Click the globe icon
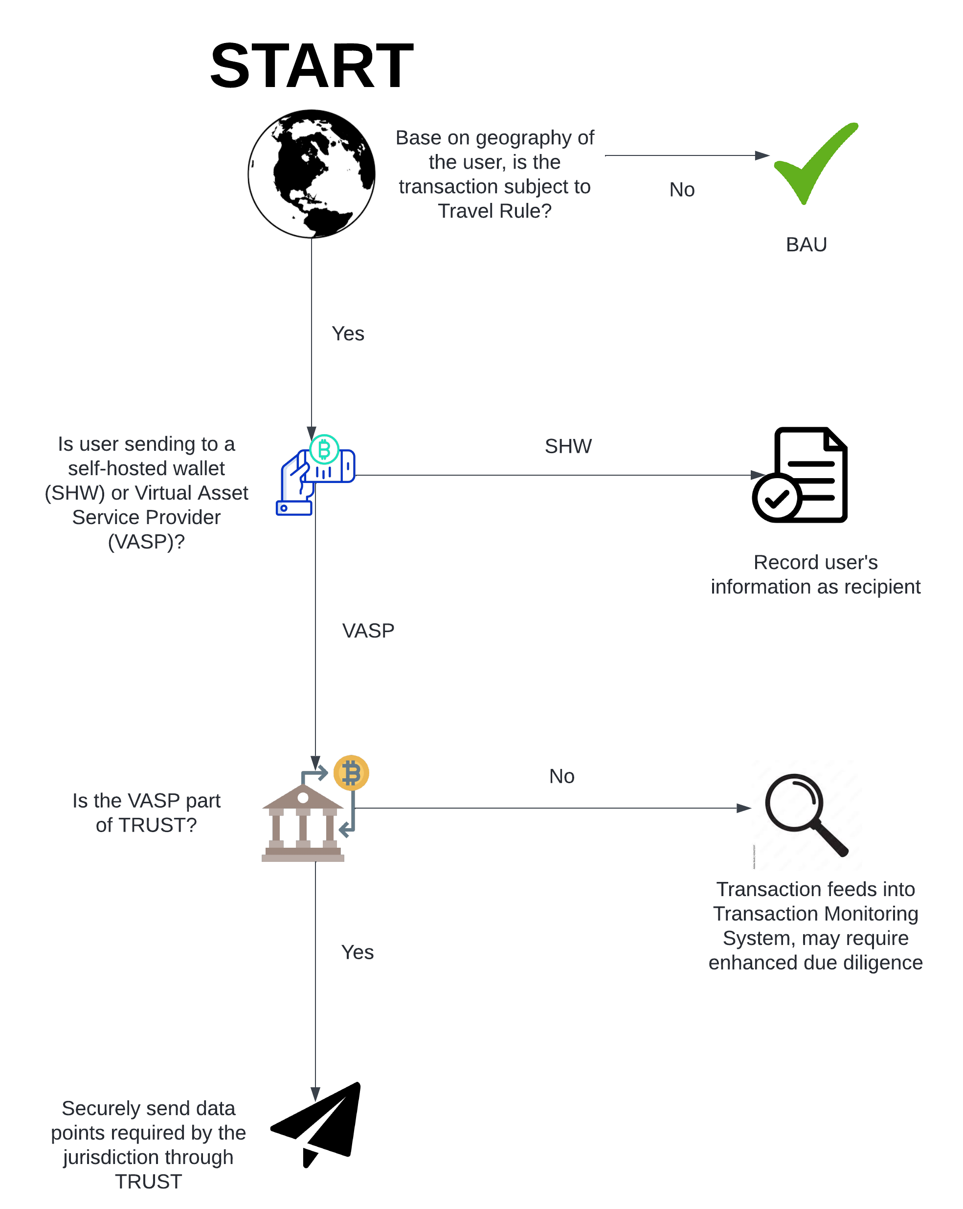point(311,174)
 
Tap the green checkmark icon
point(815,163)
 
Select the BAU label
point(806,244)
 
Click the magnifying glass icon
point(806,815)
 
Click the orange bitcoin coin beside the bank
point(351,773)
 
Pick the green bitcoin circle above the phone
point(324,449)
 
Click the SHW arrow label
point(568,446)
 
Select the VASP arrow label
point(368,631)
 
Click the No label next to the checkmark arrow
point(682,190)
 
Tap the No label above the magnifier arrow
point(561,776)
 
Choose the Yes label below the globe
point(348,333)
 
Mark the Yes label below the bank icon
point(357,952)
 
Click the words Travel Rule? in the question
point(494,211)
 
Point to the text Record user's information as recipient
point(815,574)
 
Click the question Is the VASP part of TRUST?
point(146,813)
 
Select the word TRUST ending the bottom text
point(149,1182)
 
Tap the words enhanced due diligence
point(815,962)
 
